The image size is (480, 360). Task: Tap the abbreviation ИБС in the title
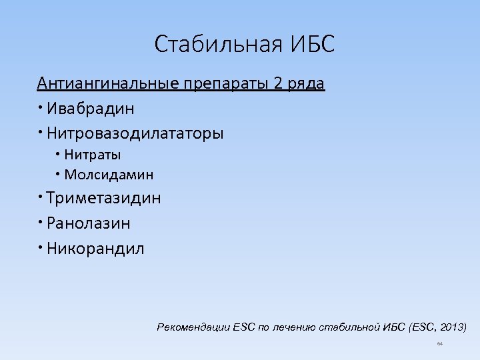pos(312,45)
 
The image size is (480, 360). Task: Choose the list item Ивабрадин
pos(90,108)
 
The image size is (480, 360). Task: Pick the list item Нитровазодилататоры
pos(135,133)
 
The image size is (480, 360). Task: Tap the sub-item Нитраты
pos(93,155)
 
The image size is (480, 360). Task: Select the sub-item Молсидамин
pos(109,175)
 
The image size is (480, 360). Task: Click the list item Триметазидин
pos(103,198)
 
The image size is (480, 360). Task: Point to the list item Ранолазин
pos(89,223)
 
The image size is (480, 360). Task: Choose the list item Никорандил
pos(95,249)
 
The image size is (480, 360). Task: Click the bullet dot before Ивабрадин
pos(41,106)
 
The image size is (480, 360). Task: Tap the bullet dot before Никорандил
pos(41,247)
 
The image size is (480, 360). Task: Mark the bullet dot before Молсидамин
pos(59,174)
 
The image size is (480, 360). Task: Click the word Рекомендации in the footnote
pos(193,327)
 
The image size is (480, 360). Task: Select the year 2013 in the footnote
pos(451,327)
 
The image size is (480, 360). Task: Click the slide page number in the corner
pos(439,344)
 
